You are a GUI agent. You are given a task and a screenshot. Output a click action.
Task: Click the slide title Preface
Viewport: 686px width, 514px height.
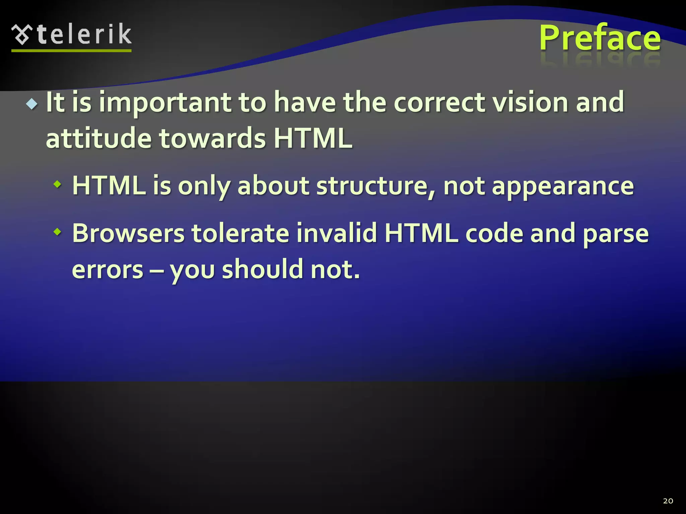tap(600, 38)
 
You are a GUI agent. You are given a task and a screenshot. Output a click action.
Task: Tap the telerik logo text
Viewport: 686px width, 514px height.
tap(84, 34)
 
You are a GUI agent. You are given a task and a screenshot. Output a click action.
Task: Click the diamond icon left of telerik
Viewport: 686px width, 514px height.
tap(22, 34)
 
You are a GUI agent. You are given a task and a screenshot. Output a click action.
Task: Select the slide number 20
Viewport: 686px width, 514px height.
tap(668, 501)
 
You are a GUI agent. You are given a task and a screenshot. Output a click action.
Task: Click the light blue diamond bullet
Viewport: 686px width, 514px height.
tap(32, 104)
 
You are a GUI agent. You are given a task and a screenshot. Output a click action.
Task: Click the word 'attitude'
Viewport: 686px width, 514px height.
tap(98, 139)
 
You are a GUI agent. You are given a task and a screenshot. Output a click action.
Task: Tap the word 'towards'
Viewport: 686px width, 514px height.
tap(212, 139)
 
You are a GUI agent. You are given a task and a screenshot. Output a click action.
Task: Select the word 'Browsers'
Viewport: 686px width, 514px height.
tap(128, 233)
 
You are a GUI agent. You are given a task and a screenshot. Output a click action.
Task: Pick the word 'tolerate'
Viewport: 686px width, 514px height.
tap(240, 233)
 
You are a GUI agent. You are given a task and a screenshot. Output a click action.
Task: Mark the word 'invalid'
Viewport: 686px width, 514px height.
tap(336, 233)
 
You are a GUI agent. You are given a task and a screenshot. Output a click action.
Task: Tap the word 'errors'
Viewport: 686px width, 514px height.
tap(108, 270)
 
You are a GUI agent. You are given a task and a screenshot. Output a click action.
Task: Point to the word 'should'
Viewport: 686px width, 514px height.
tap(262, 269)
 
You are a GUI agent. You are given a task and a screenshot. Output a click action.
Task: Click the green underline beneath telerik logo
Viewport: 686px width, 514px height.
tap(71, 51)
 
